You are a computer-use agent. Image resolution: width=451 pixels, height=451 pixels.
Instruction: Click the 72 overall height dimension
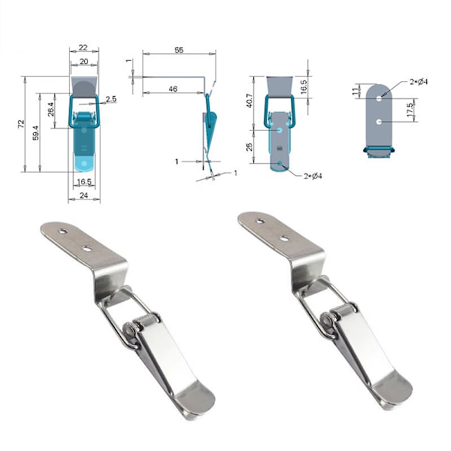click(21, 124)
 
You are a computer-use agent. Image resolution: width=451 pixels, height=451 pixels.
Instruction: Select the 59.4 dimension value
click(35, 132)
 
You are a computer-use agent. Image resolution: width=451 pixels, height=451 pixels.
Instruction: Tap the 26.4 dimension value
click(51, 109)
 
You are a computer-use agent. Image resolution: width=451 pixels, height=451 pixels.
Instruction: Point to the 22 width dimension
click(83, 47)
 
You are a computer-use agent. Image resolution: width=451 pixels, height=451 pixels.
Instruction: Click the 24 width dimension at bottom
click(83, 195)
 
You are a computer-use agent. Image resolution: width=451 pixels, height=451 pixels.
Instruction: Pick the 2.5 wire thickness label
click(111, 99)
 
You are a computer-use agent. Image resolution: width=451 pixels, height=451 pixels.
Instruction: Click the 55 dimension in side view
click(179, 50)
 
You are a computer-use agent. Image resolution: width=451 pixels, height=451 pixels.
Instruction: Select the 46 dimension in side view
click(173, 89)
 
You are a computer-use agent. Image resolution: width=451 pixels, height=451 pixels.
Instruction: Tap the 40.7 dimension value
click(250, 101)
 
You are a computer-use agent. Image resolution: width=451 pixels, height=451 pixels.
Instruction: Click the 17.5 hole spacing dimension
click(410, 110)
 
